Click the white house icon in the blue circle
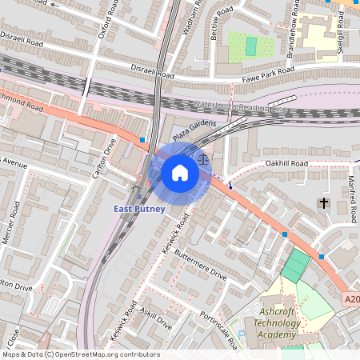pyautogui.click(x=180, y=173)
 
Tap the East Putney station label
pyautogui.click(x=139, y=210)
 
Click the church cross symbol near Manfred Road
pyautogui.click(x=324, y=203)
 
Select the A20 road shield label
pyautogui.click(x=352, y=299)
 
